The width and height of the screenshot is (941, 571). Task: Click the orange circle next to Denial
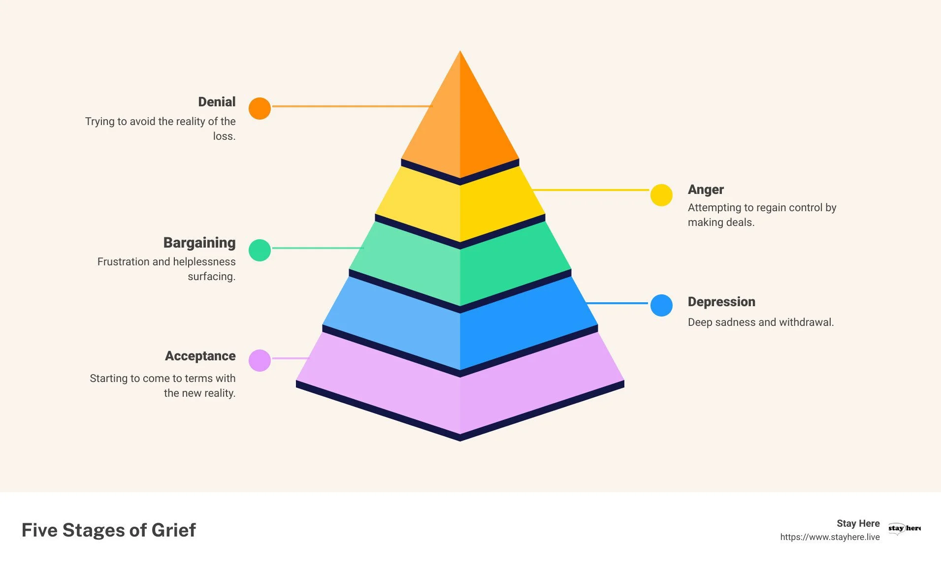point(260,108)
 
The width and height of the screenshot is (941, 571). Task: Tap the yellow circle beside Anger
point(661,195)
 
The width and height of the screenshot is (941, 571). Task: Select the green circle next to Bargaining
point(260,250)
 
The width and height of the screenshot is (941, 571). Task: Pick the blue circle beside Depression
point(661,305)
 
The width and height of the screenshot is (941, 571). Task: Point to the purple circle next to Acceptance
point(260,360)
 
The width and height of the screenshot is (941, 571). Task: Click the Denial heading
point(217,102)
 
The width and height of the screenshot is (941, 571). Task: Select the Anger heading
point(706,190)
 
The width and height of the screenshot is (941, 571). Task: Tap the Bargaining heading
point(199,243)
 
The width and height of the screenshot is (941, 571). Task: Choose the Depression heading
point(721,302)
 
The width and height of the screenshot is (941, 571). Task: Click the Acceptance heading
point(200,356)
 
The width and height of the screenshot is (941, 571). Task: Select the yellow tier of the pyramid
point(460,207)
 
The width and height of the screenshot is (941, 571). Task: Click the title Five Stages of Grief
point(109,530)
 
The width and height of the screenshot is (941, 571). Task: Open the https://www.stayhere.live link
point(830,537)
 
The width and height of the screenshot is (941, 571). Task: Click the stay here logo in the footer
point(904,528)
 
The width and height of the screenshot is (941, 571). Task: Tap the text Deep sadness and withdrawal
point(760,322)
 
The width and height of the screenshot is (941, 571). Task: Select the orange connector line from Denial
point(352,106)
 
